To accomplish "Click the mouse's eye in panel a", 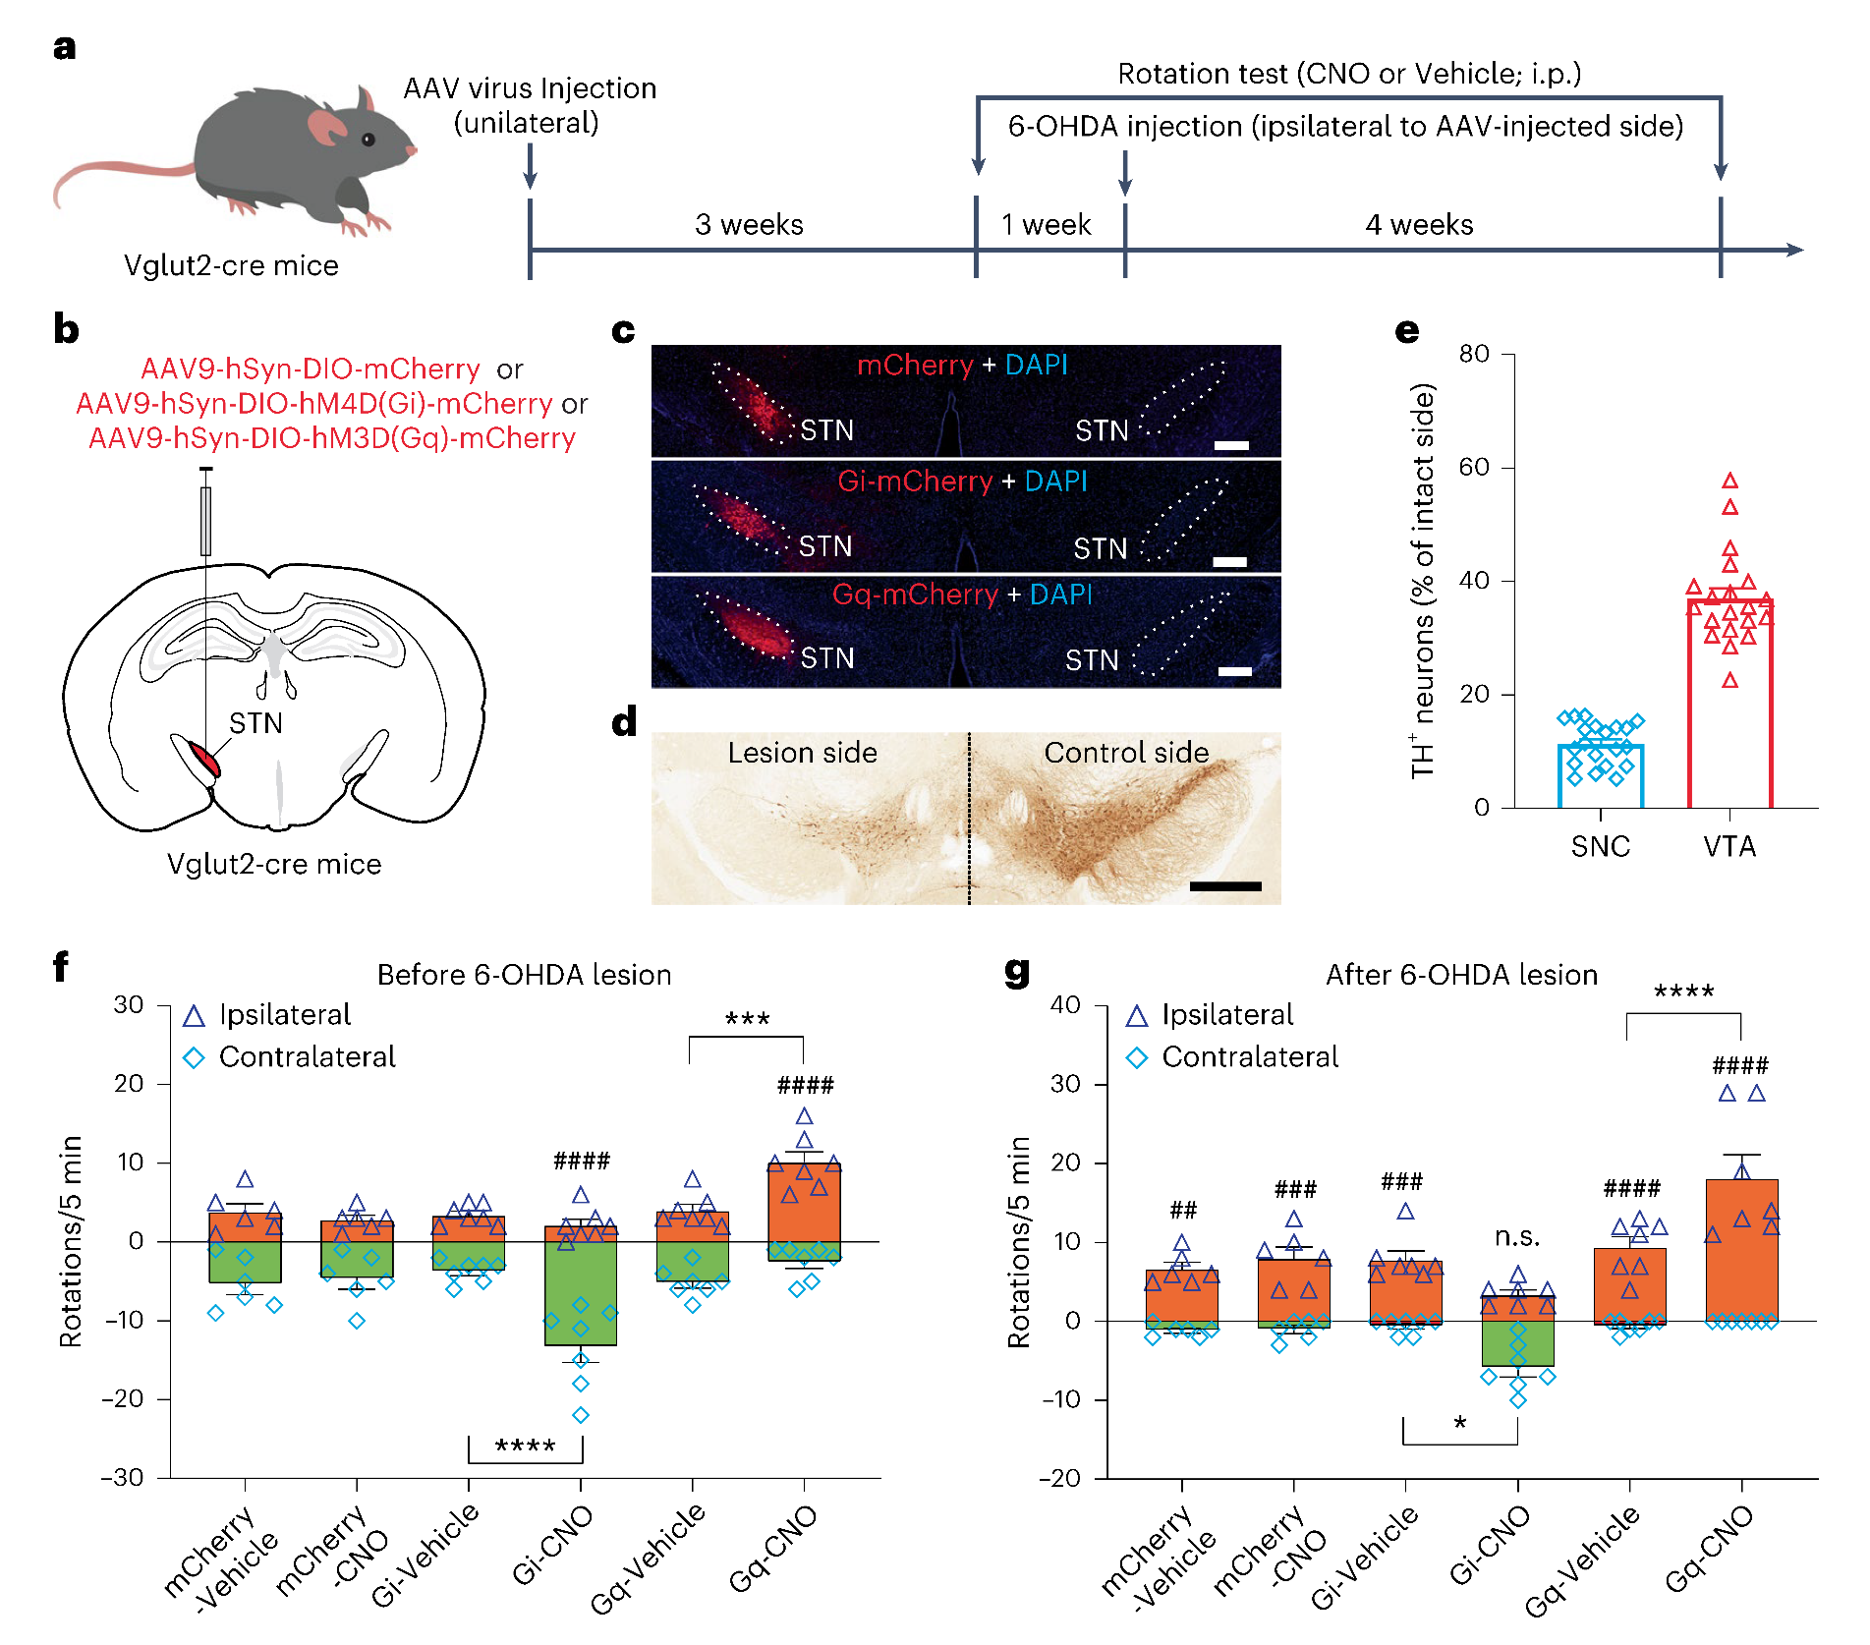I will click(368, 140).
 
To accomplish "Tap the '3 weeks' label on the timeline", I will click(749, 225).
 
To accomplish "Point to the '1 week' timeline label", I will click(1046, 225).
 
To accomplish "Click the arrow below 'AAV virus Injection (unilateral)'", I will click(530, 166).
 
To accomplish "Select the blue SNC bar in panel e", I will click(1600, 775).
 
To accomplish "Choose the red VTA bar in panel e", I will click(1729, 703).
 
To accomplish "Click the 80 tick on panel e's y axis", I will click(1474, 354).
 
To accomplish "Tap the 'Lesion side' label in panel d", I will click(802, 753).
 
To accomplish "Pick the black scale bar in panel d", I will click(1225, 886).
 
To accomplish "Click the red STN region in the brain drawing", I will click(205, 758).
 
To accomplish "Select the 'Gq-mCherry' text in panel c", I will click(915, 595).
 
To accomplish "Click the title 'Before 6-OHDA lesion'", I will click(524, 975).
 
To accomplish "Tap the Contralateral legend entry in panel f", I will click(307, 1057).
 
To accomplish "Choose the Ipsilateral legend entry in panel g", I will click(1226, 1015).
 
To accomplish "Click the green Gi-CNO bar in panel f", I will click(581, 1293).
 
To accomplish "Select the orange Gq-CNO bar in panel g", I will click(1741, 1248).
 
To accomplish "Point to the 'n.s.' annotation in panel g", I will click(1517, 1237).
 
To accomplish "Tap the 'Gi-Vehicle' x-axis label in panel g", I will click(1366, 1557).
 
